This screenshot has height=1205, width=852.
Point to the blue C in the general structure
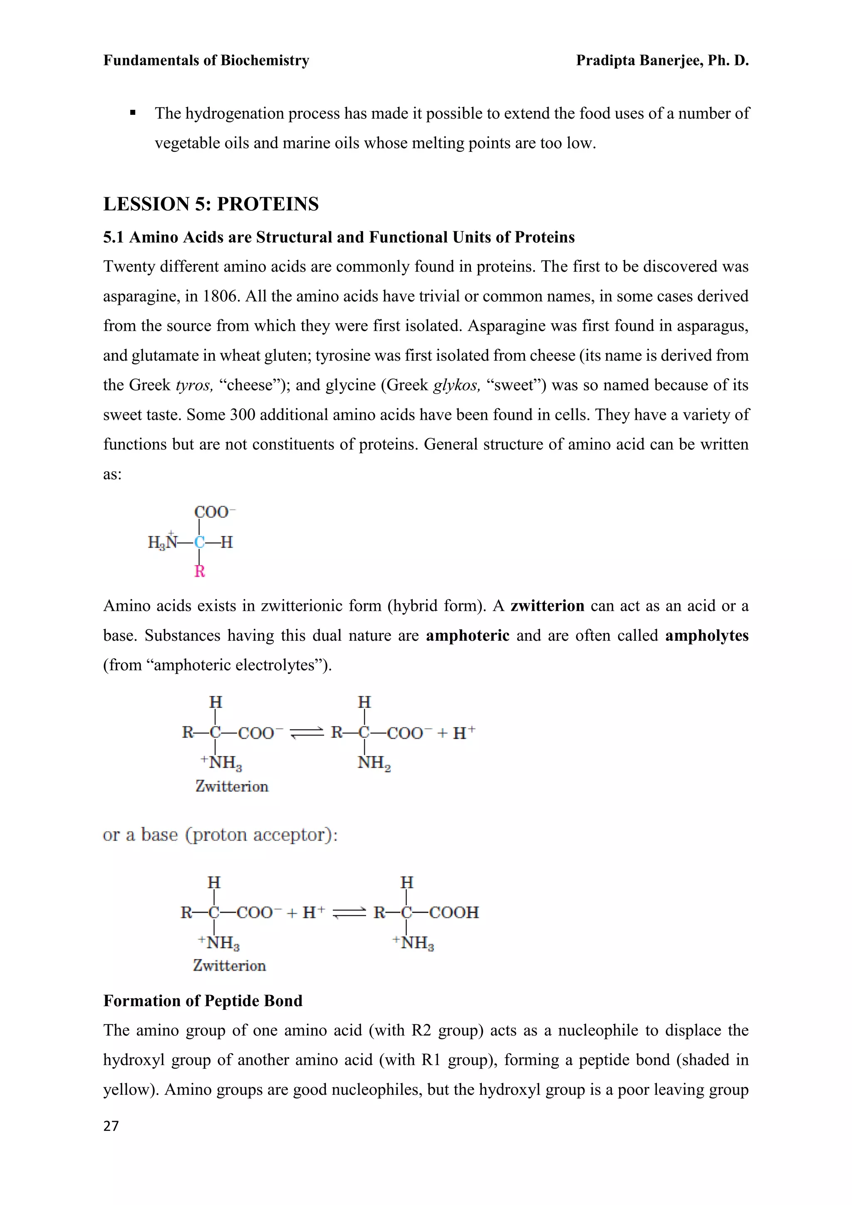[x=199, y=543]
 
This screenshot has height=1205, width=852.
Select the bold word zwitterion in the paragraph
[x=547, y=606]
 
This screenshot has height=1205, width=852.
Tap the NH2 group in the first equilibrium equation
[x=374, y=763]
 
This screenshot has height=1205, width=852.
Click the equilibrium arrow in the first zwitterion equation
[x=307, y=733]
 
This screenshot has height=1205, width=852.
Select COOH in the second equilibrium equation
[x=454, y=912]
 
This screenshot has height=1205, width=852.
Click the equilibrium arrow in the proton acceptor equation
[x=349, y=913]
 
